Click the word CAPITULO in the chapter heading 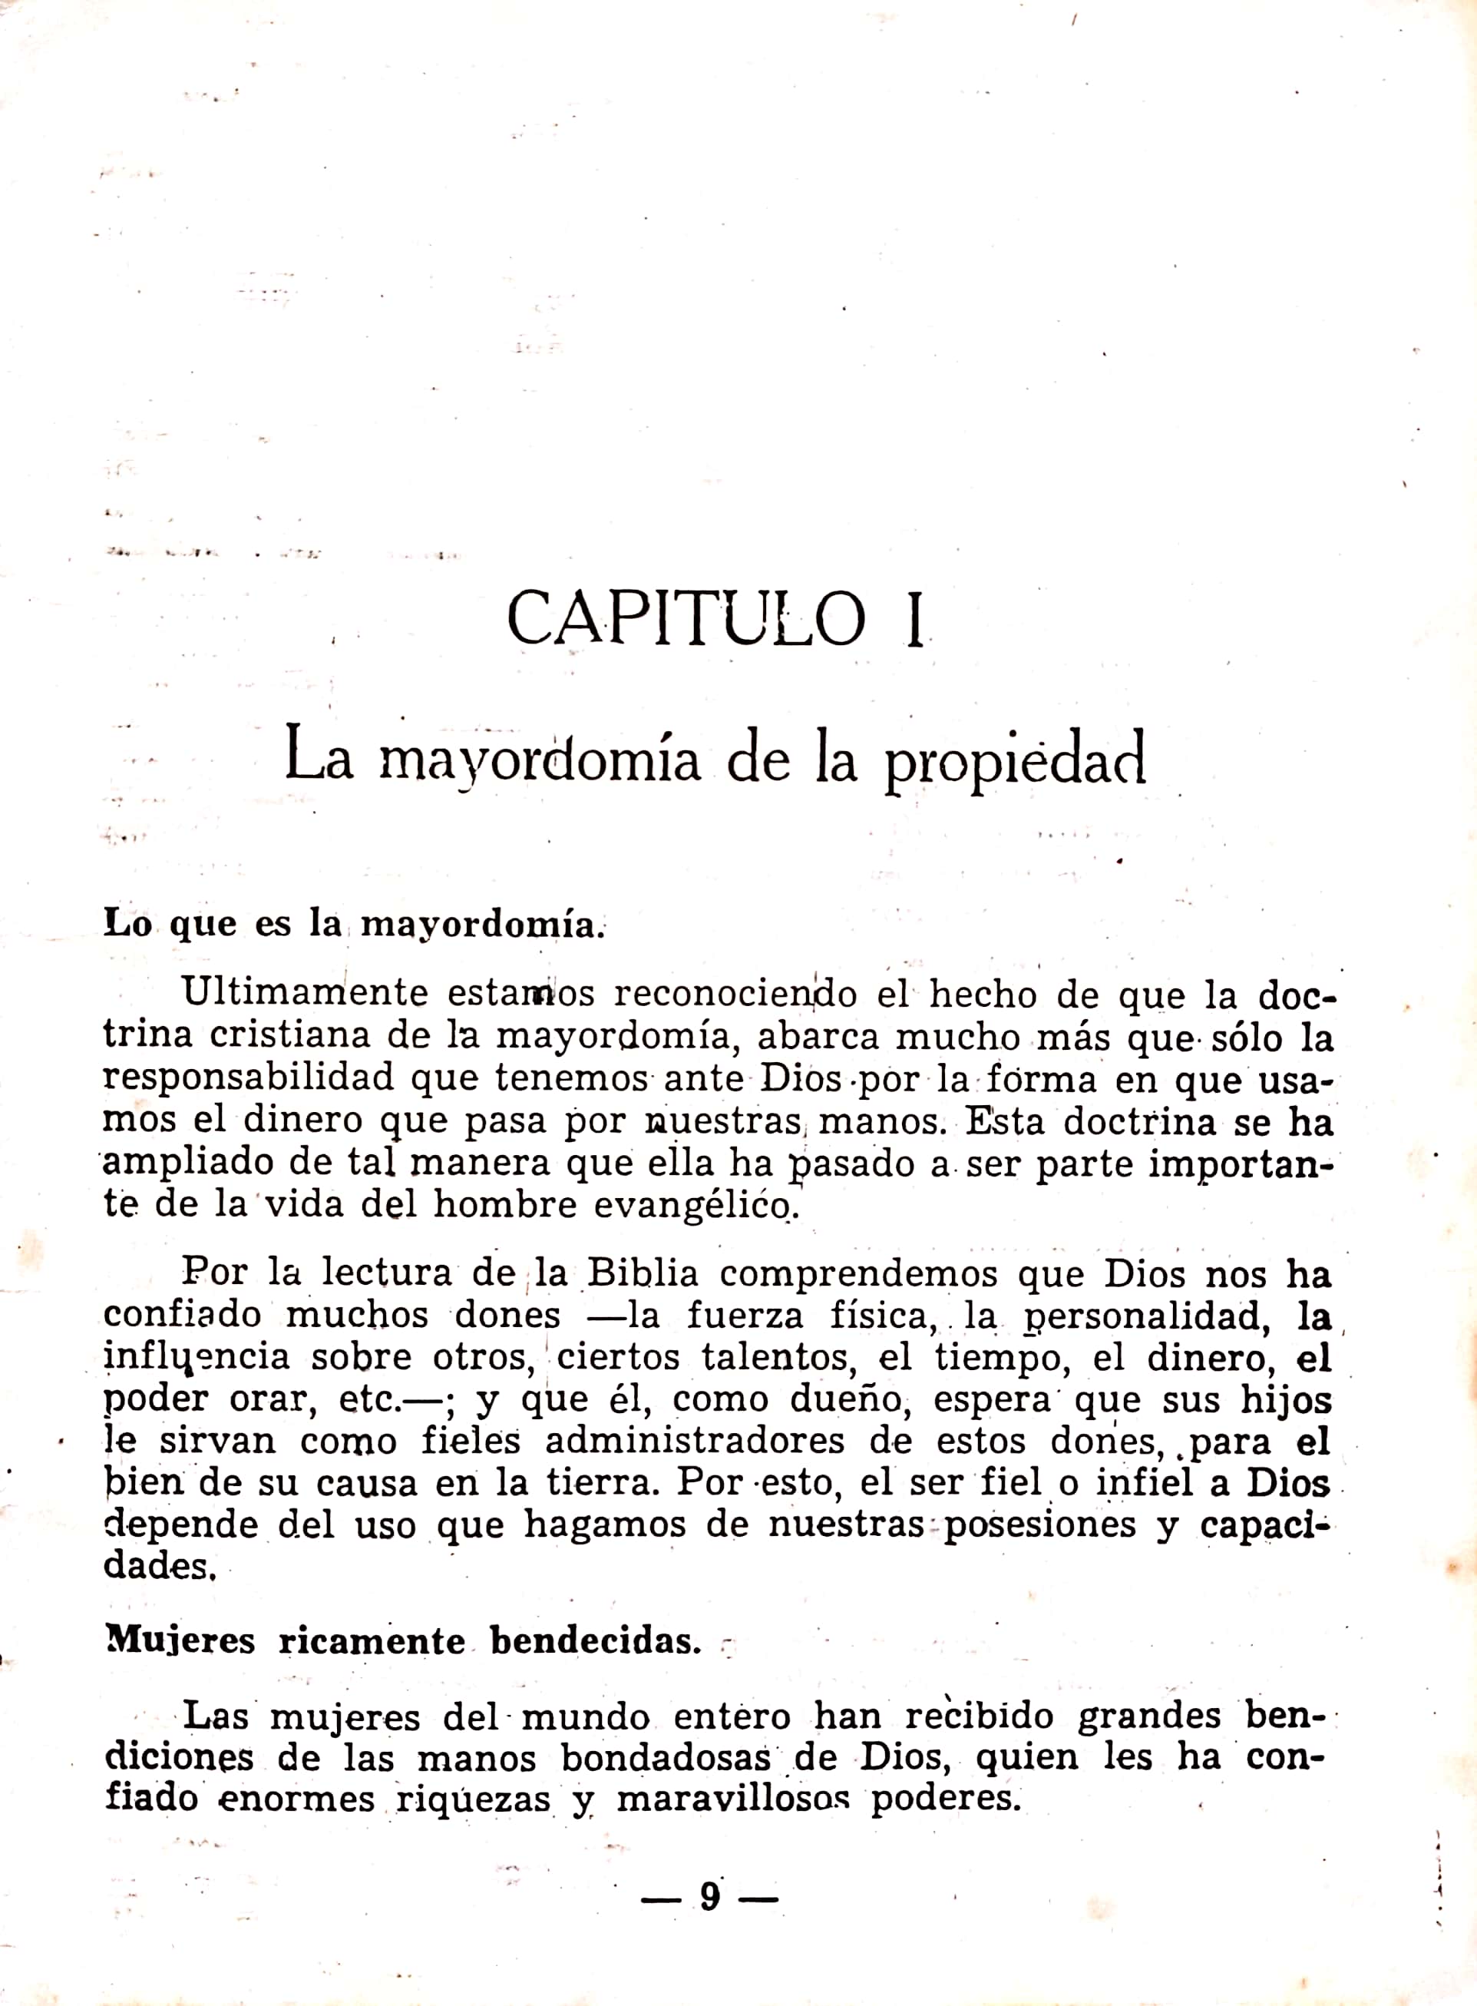tap(686, 618)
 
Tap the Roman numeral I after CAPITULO tap(913, 620)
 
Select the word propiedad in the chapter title tap(1015, 760)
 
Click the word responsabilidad tap(249, 1077)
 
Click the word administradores tap(695, 1441)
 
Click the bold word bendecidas tap(596, 1641)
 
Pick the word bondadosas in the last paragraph tap(666, 1757)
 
